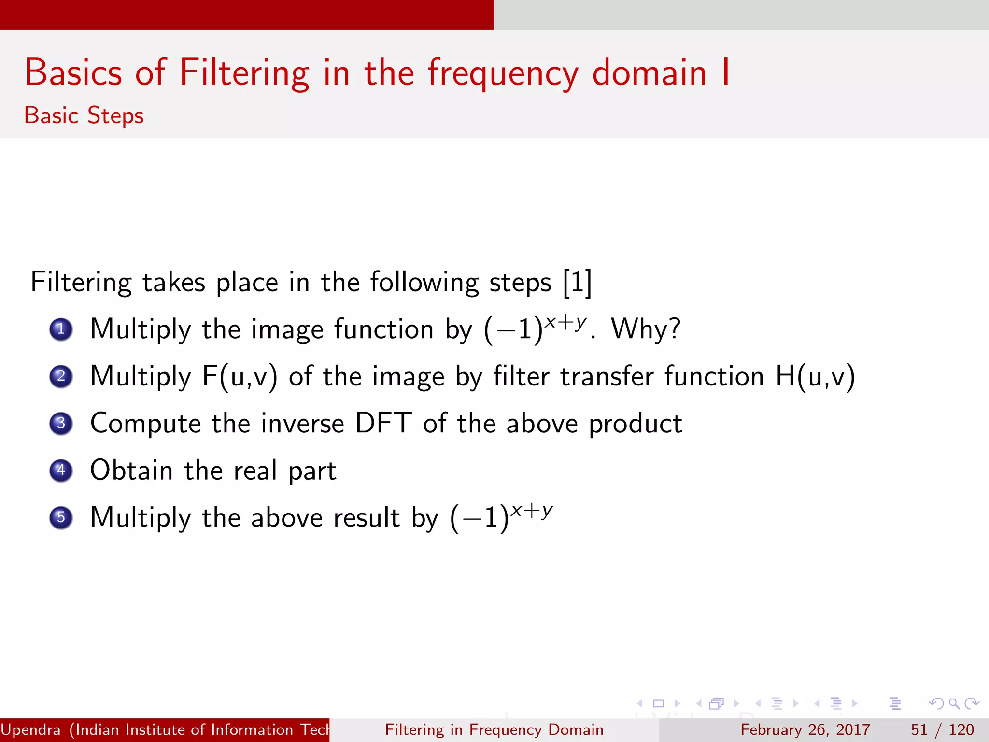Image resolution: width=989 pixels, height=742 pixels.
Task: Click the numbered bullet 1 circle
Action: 61,330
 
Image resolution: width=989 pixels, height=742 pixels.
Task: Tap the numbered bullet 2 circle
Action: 61,377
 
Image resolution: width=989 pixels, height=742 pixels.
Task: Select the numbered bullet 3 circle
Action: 61,424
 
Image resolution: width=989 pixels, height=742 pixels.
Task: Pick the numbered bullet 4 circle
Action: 61,471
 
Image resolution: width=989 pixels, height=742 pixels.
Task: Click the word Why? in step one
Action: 646,329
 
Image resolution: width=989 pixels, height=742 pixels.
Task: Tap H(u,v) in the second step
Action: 815,376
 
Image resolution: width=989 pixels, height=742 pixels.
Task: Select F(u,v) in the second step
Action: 240,376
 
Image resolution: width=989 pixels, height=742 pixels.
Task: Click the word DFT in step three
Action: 383,423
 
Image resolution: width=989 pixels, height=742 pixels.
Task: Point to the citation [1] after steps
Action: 577,282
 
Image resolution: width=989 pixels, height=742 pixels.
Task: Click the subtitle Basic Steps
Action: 84,116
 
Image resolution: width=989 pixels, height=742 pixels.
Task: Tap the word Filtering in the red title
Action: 244,73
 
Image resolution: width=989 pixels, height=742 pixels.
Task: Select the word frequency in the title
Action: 503,73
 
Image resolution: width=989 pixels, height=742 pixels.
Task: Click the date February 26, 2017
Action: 805,729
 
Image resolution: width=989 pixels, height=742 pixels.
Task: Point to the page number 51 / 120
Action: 942,729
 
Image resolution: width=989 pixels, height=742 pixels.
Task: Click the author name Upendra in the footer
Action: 31,729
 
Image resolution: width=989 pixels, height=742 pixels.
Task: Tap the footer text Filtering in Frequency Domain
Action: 494,729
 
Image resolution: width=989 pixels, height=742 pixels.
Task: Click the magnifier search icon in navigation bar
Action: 953,703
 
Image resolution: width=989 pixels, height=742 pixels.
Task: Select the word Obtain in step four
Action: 131,470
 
